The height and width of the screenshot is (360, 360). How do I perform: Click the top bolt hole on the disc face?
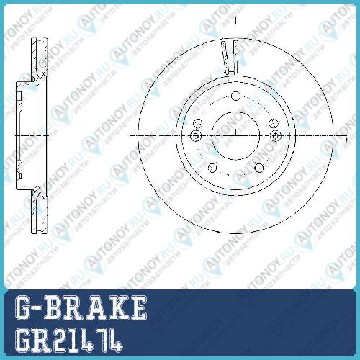click(235, 96)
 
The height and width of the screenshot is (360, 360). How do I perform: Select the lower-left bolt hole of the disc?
click(212, 168)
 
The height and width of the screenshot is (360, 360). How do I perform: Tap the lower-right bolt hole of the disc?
click(259, 168)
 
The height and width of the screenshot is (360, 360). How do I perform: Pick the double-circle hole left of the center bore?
click(196, 136)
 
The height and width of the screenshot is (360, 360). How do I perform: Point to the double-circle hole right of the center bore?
click(276, 136)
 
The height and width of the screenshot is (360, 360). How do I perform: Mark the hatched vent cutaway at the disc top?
click(230, 57)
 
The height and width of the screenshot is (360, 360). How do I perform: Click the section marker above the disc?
click(233, 20)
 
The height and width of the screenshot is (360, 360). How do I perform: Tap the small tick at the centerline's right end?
click(346, 140)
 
